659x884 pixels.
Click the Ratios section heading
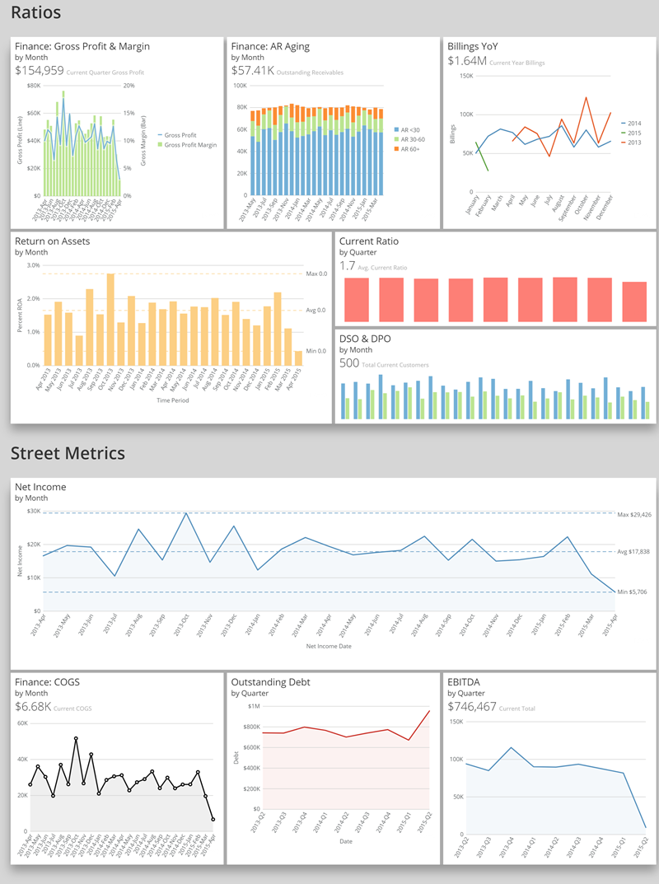(35, 14)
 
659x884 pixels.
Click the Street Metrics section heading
(68, 453)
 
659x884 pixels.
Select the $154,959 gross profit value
(39, 71)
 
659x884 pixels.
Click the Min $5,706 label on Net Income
(632, 592)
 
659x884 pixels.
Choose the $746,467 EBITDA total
(472, 707)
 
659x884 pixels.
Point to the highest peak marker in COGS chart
(76, 738)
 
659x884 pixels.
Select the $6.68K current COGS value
(33, 707)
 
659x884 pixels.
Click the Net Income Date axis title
(329, 648)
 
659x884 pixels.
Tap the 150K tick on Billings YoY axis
(465, 77)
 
